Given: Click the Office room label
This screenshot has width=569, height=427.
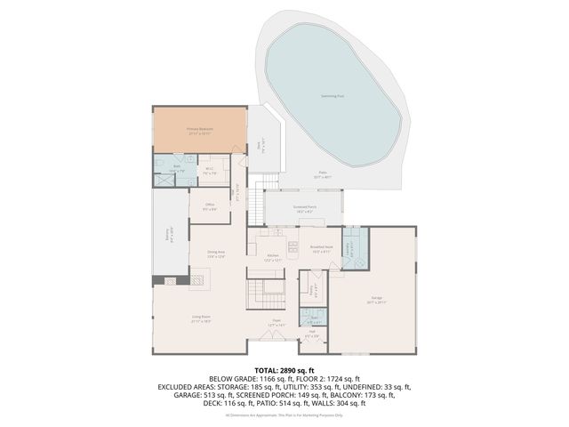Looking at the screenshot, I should click(x=210, y=208).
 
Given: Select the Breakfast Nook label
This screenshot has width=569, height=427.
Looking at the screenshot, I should click(x=321, y=250).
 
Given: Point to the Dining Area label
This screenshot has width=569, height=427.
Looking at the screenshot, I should click(x=216, y=254).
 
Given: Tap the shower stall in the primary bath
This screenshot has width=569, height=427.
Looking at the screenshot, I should click(x=163, y=177).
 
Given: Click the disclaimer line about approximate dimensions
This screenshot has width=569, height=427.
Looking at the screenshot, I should click(x=284, y=415).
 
